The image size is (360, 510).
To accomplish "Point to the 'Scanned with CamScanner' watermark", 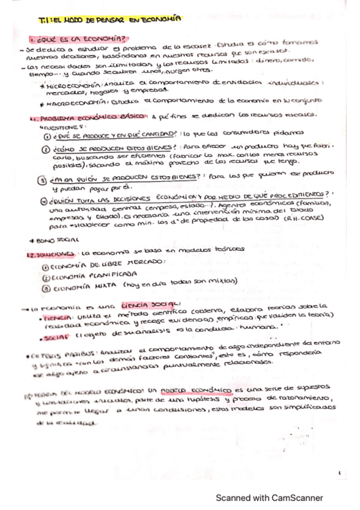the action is click(x=270, y=497).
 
